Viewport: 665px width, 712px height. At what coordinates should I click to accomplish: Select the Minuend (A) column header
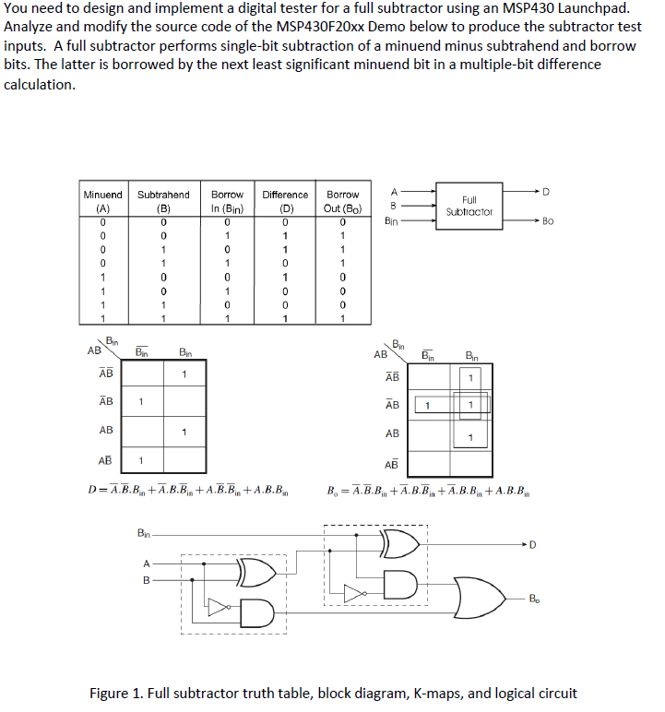[x=102, y=201]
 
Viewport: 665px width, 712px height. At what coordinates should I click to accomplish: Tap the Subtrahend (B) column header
[x=163, y=201]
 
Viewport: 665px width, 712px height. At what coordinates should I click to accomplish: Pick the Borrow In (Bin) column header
[x=227, y=201]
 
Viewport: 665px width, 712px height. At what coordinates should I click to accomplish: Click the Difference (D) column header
[x=285, y=201]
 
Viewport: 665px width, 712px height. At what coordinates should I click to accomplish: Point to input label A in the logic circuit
[x=145, y=565]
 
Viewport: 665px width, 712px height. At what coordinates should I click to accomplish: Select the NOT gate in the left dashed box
[x=218, y=606]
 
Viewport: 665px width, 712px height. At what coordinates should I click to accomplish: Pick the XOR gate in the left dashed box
[x=257, y=573]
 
